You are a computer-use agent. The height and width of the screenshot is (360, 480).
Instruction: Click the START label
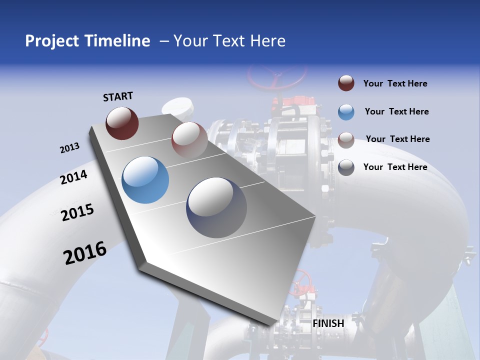pyautogui.click(x=118, y=96)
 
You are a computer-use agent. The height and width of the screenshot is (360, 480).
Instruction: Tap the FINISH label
pyautogui.click(x=328, y=323)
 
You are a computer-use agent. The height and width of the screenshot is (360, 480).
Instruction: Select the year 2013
pyautogui.click(x=70, y=148)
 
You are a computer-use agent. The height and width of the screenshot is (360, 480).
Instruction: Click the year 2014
pyautogui.click(x=74, y=177)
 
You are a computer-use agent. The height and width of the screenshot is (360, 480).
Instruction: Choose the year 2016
pyautogui.click(x=85, y=253)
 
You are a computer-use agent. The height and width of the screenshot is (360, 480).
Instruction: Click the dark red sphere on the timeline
pyautogui.click(x=122, y=123)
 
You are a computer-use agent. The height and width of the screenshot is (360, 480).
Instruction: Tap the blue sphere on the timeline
pyautogui.click(x=145, y=180)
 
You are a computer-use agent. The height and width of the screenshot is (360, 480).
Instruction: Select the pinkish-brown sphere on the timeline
pyautogui.click(x=189, y=140)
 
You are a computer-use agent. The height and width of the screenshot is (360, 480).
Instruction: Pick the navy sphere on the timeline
pyautogui.click(x=216, y=207)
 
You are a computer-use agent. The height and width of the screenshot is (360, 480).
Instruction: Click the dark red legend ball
pyautogui.click(x=346, y=83)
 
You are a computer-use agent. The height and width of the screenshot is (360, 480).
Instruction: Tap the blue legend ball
pyautogui.click(x=346, y=112)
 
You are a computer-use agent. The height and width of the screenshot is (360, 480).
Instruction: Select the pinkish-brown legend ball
pyautogui.click(x=346, y=139)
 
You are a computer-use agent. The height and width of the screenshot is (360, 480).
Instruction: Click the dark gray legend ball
pyautogui.click(x=346, y=167)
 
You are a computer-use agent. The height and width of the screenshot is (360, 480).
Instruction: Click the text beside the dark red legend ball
pyautogui.click(x=395, y=83)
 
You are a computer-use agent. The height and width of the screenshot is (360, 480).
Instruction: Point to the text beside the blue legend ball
pyautogui.click(x=396, y=111)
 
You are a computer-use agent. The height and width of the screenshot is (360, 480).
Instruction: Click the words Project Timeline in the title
pyautogui.click(x=87, y=41)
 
